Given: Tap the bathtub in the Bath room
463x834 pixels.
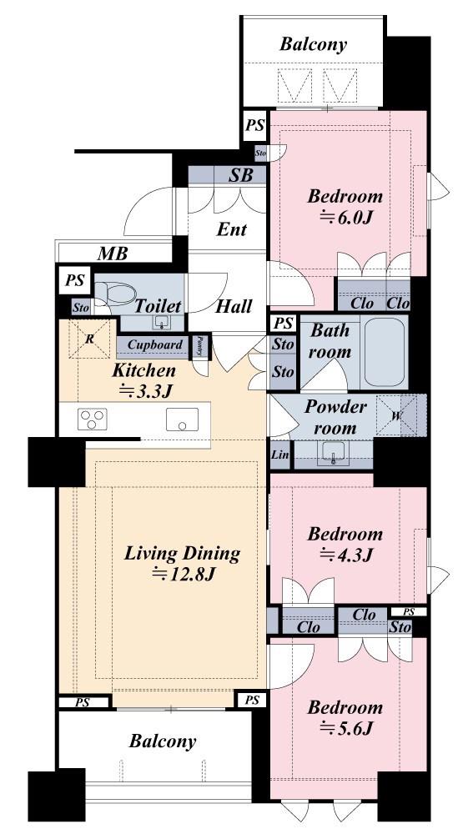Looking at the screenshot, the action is pos(384,352).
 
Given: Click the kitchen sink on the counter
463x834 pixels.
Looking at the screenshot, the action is pos(182,420).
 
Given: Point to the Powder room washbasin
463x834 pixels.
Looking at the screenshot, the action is pos(334,453).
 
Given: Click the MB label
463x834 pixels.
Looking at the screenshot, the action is pos(113,254).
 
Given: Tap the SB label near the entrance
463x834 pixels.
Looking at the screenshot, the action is pos(240,175).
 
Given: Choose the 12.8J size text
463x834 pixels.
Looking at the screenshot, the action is pos(183,575).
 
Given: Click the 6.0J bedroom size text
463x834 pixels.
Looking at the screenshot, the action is pos(345,217).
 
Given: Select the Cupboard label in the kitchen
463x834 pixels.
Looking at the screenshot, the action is pos(154,344).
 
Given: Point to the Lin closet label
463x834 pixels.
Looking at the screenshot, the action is pos(280,455).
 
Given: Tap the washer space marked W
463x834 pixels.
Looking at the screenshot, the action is pos(395,415).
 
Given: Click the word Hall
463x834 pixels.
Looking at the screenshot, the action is pos(234,306).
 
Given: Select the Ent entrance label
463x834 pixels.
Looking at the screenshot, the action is pos(232,230).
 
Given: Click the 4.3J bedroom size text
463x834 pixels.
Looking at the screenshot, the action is pos(345,555).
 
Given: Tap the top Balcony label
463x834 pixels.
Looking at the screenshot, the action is pos(314,45).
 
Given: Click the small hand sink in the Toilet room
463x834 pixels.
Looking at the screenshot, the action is pos(161,322).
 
